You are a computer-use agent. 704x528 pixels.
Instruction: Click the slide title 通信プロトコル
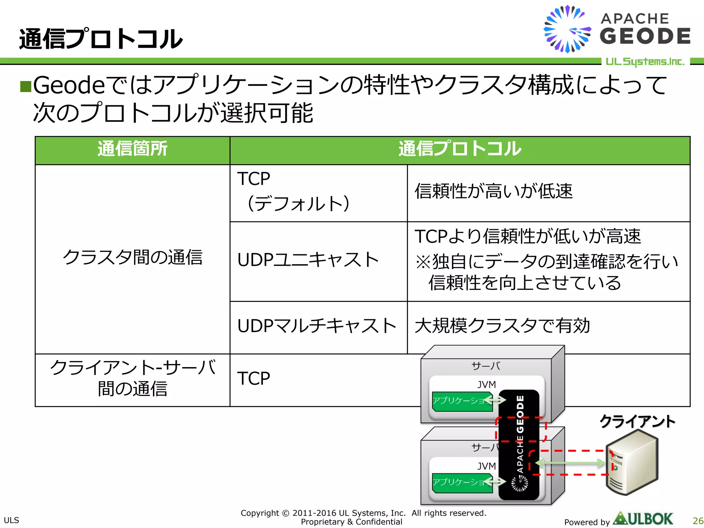pos(100,39)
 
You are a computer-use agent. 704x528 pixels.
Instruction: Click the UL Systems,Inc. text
pos(645,62)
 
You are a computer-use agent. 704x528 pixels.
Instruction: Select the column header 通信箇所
pos(132,149)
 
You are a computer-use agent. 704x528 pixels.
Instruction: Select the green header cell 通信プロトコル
pos(460,149)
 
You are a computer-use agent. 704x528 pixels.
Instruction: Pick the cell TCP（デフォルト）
pos(318,192)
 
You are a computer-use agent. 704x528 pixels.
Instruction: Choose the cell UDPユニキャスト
pos(318,260)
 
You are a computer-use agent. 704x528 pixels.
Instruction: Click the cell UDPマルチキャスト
pos(318,326)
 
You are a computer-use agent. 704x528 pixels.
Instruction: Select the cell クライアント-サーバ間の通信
pos(132,378)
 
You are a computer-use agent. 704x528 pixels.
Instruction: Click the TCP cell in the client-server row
pos(254,379)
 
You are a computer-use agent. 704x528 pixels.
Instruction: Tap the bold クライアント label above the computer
pos(637,421)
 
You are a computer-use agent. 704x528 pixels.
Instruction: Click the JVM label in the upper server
pos(486,384)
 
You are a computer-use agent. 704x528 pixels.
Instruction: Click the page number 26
pos(697,521)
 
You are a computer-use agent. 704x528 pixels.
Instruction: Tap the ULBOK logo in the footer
pos(643,519)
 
